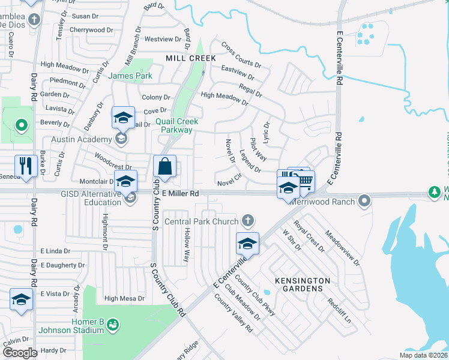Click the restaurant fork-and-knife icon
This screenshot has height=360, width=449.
(26, 166)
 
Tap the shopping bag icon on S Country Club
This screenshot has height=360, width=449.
(164, 166)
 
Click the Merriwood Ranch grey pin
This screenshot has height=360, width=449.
(364, 200)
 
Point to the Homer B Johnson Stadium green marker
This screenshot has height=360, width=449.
(112, 325)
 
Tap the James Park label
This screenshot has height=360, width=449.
(130, 76)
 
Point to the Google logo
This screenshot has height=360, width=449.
(20, 352)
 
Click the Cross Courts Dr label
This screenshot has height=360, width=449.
(241, 54)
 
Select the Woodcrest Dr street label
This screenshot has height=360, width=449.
(113, 161)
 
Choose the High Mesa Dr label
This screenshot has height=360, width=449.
(124, 298)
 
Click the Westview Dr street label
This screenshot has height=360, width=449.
(163, 39)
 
